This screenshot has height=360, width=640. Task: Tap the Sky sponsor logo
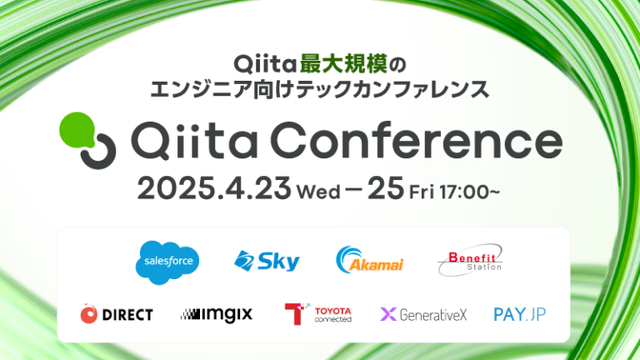267,261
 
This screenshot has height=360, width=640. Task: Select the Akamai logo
369,261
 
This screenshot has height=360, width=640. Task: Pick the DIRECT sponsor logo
117,314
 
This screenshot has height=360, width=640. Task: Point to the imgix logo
216,314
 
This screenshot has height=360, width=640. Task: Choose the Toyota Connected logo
318,314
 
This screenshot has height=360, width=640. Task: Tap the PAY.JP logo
520,314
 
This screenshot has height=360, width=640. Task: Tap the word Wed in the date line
317,192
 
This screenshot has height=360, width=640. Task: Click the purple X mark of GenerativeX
388,314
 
